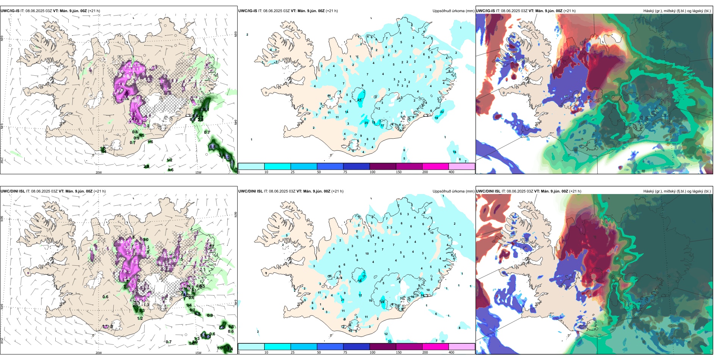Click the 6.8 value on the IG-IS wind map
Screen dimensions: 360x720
(213, 147)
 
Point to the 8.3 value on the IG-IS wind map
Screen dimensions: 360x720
(226, 157)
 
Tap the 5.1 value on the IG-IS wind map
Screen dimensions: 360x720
(232, 162)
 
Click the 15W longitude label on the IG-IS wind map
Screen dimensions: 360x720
(198, 172)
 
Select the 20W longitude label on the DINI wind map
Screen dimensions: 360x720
(99, 353)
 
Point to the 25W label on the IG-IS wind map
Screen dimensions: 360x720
(2, 161)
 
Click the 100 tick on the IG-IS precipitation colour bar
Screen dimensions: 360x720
(373, 172)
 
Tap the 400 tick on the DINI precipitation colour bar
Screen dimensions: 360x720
(451, 352)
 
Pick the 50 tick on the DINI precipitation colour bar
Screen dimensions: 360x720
(319, 352)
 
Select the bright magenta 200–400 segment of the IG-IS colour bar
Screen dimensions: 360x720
(435, 166)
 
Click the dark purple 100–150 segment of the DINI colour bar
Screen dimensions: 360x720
(383, 347)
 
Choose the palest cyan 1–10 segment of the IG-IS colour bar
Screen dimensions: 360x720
(251, 166)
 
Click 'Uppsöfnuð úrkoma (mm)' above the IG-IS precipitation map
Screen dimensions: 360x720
(453, 11)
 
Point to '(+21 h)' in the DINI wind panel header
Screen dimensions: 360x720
(100, 191)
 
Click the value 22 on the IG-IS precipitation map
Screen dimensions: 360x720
(442, 112)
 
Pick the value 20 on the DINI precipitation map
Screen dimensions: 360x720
(390, 341)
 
